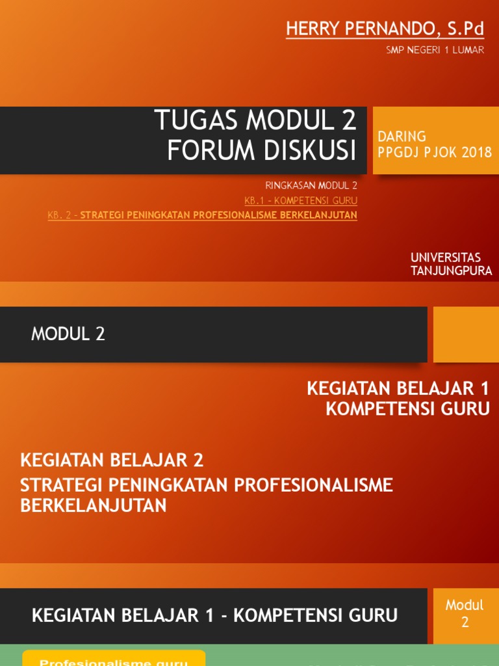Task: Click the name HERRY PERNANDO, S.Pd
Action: click(385, 29)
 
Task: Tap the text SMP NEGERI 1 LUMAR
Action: click(435, 50)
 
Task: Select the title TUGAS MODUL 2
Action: click(255, 120)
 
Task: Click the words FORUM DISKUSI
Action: click(262, 151)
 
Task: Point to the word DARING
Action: click(402, 137)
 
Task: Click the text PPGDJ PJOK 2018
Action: click(435, 153)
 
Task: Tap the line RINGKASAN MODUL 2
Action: click(311, 185)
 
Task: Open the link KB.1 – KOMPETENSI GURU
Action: click(301, 200)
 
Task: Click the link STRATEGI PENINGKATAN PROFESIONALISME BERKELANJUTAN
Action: click(218, 215)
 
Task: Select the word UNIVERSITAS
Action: click(446, 258)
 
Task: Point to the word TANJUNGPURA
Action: click(451, 271)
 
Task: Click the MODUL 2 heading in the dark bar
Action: click(68, 334)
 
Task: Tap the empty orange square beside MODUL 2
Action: click(465, 334)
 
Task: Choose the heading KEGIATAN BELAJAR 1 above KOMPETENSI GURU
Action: click(398, 389)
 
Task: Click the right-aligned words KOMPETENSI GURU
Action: click(407, 409)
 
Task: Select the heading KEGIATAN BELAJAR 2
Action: click(112, 460)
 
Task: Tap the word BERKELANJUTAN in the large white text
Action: click(94, 505)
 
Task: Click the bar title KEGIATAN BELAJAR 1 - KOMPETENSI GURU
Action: click(214, 615)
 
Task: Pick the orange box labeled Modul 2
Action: click(465, 613)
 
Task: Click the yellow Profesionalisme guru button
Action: click(114, 659)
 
